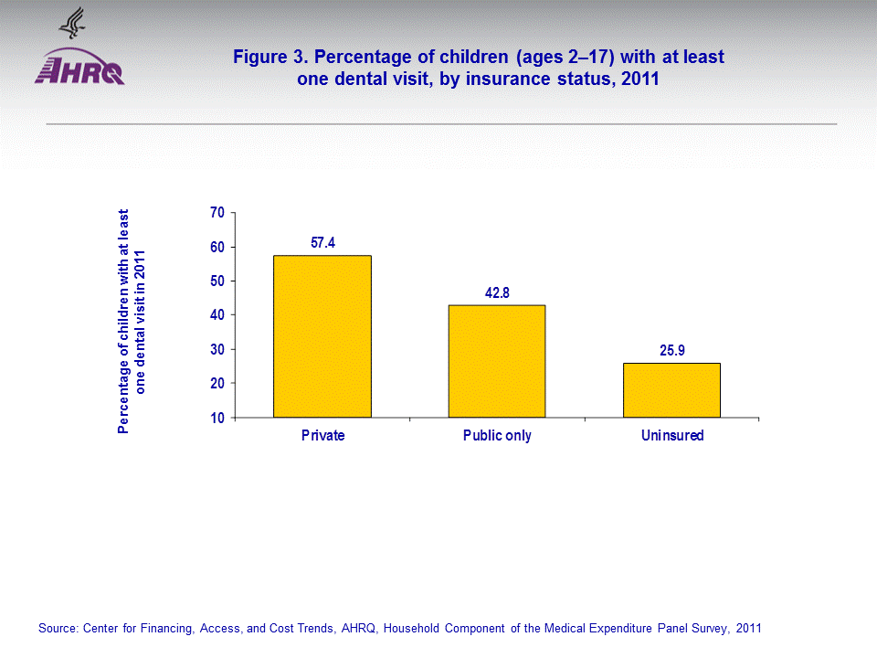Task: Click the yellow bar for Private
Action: click(x=322, y=336)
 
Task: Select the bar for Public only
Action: click(x=497, y=361)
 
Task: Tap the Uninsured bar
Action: click(x=671, y=390)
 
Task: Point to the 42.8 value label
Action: click(x=497, y=293)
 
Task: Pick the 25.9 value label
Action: click(x=671, y=351)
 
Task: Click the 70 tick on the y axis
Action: click(x=217, y=213)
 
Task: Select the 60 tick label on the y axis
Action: click(x=217, y=247)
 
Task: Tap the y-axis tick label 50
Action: click(x=217, y=281)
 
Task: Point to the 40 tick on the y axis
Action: click(x=217, y=315)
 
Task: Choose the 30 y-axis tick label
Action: click(x=217, y=350)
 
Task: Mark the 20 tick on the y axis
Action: click(x=217, y=384)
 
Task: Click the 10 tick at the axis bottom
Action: click(x=217, y=418)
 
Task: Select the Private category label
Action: click(x=322, y=436)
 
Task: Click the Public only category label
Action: click(x=497, y=436)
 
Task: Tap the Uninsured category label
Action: click(x=672, y=436)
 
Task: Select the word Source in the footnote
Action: click(x=58, y=629)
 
